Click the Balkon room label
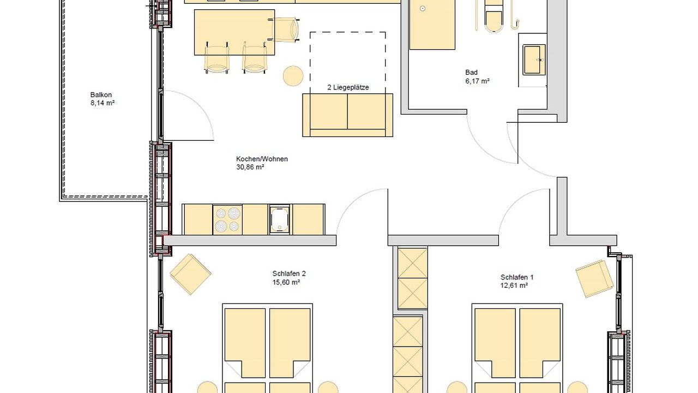(x=101, y=95)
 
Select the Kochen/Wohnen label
(x=262, y=159)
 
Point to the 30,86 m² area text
(x=250, y=168)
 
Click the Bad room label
(x=471, y=73)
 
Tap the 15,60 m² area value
(x=286, y=283)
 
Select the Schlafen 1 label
(x=514, y=277)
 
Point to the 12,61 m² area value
(x=514, y=285)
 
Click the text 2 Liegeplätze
(x=348, y=87)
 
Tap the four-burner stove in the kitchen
(x=227, y=219)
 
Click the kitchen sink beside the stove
(x=280, y=219)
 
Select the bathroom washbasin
(x=533, y=59)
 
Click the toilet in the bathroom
(x=495, y=16)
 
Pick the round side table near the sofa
(x=293, y=76)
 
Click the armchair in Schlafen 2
(x=190, y=274)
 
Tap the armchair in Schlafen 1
(x=594, y=278)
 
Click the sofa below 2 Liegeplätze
(x=347, y=115)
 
